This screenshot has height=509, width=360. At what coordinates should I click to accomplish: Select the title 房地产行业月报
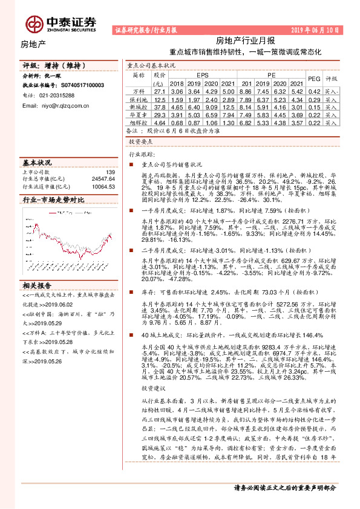point(245,41)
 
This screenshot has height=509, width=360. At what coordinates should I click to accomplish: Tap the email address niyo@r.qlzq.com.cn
point(56,105)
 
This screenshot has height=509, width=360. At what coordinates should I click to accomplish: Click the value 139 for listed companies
point(110,172)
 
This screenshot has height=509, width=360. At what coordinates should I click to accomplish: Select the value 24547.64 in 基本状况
point(103,179)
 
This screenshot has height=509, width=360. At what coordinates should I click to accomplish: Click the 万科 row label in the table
point(139,91)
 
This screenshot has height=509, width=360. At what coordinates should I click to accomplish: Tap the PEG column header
point(314,79)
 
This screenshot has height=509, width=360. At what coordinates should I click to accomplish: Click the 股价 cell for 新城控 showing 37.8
point(160,106)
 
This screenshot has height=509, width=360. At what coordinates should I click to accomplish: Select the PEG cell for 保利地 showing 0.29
point(314,99)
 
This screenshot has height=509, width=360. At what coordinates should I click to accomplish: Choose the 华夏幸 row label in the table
point(139,114)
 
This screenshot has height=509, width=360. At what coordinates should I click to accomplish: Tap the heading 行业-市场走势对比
point(53,199)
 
